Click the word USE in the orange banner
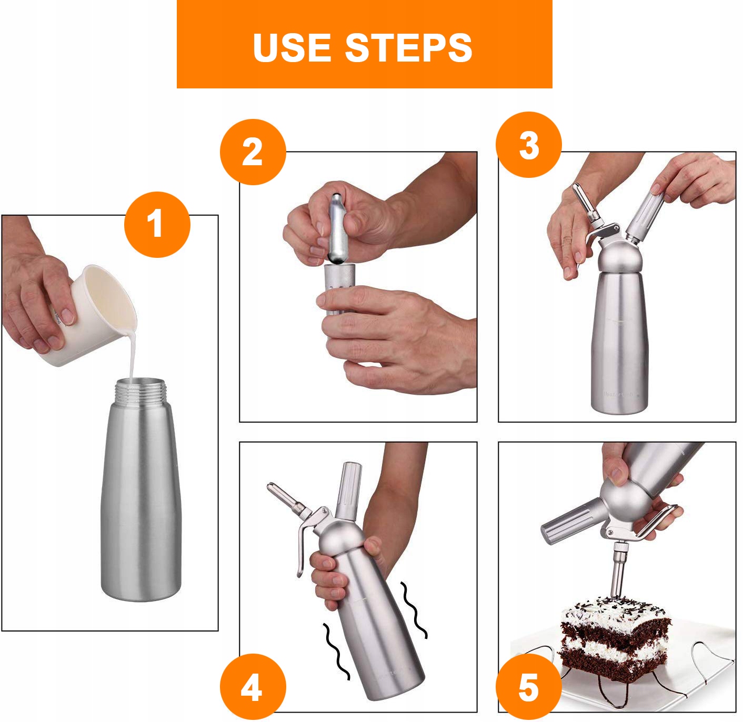(292, 47)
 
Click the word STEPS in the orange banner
(408, 47)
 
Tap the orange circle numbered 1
(157, 225)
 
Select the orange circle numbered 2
(253, 152)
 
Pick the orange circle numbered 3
(529, 145)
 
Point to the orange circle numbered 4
(253, 687)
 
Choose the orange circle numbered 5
(529, 687)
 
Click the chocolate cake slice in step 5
(615, 636)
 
